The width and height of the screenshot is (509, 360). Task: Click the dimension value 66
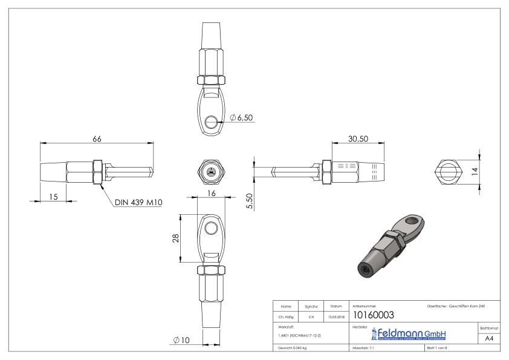pos(97,139)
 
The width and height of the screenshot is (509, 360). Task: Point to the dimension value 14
pos(476,171)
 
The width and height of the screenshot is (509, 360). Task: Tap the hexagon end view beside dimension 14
pos(447,171)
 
